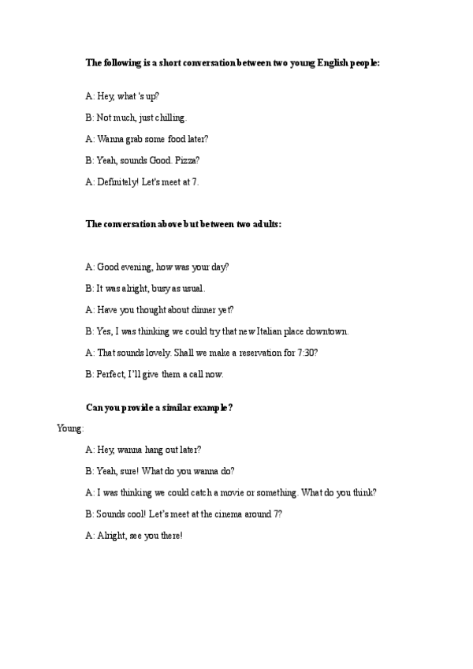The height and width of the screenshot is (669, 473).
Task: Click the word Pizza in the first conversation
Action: (188, 160)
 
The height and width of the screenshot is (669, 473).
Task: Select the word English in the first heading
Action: (322, 62)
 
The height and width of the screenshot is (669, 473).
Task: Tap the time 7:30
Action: (304, 353)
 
